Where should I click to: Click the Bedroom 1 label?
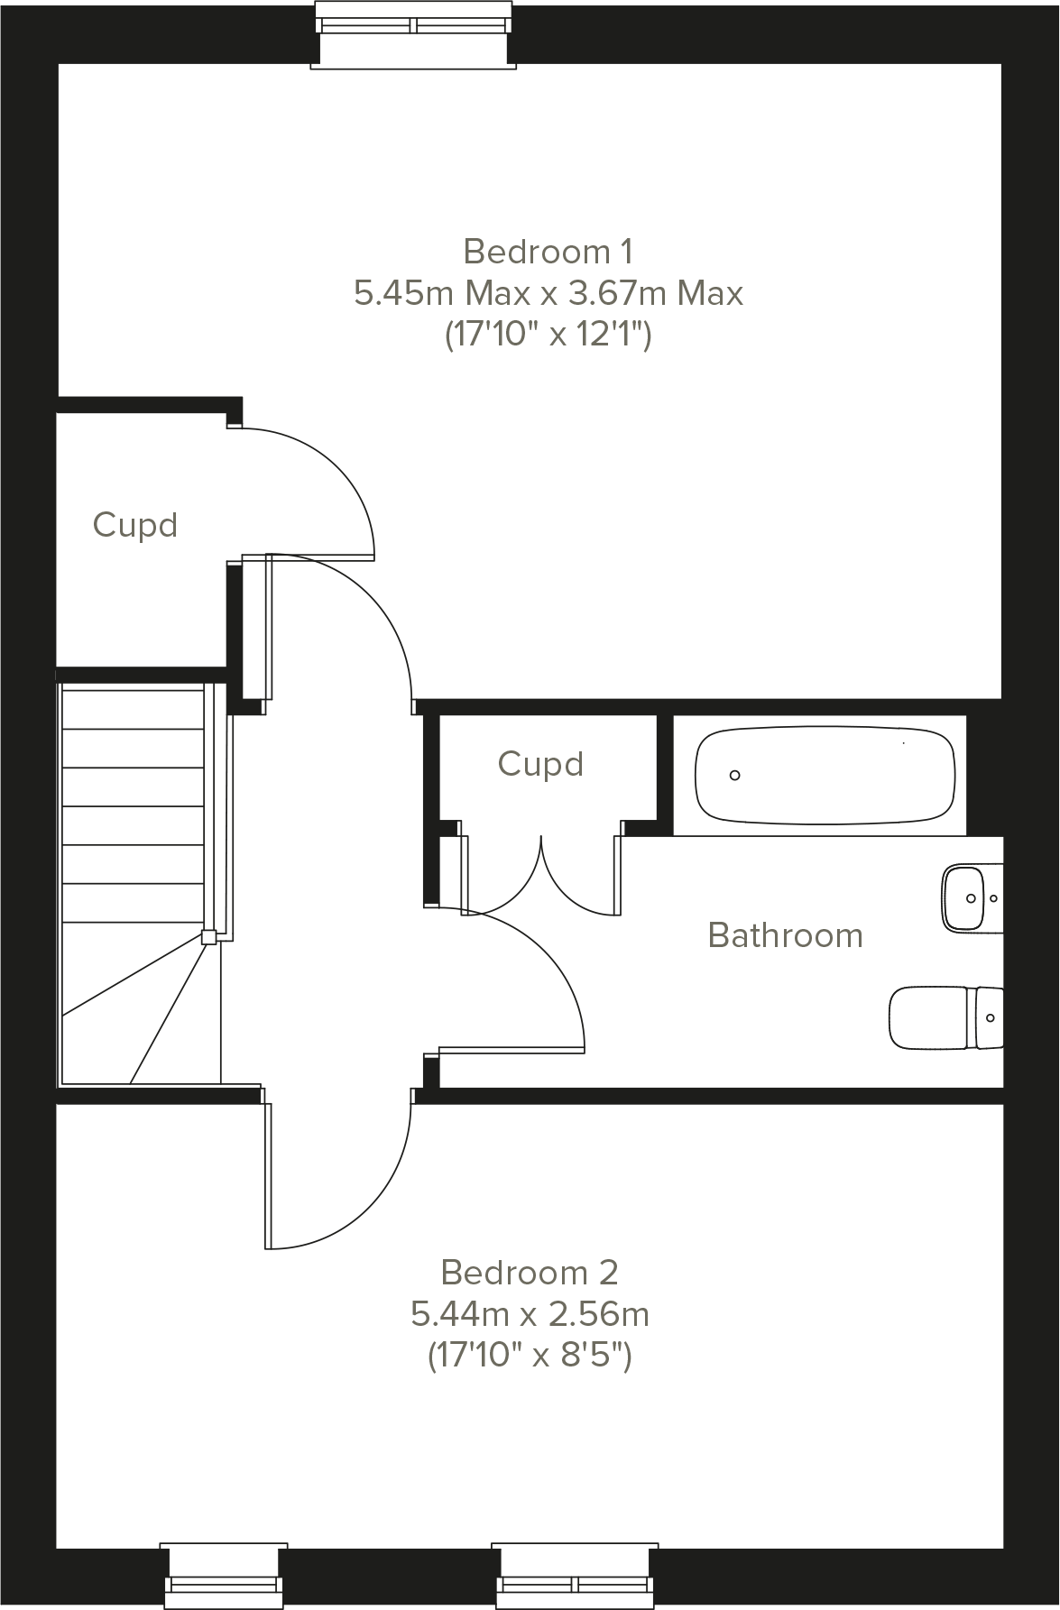548,251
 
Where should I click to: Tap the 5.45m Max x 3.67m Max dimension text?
548,293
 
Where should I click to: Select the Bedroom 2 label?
530,1273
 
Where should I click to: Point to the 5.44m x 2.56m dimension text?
530,1314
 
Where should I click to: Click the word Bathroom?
785,935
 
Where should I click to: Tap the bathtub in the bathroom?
825,775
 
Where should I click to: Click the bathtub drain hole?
734,775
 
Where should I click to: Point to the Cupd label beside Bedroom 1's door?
135,525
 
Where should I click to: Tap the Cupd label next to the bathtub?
540,764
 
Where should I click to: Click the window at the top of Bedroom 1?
414,32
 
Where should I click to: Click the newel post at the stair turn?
208,937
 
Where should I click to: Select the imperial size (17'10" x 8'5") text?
530,1356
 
